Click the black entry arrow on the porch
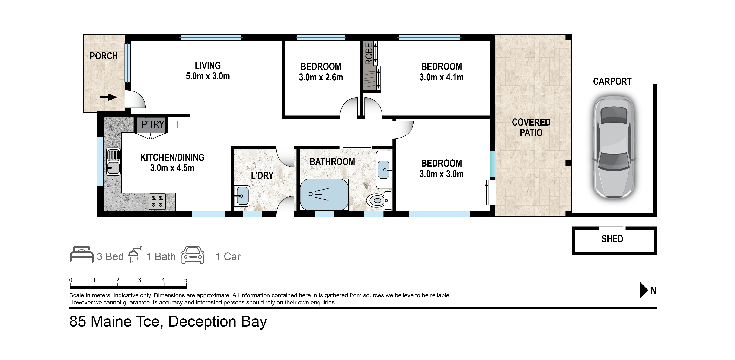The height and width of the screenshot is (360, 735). click(x=109, y=97)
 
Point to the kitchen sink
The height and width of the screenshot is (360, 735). click(x=113, y=161)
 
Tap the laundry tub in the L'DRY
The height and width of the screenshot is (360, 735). click(x=242, y=196)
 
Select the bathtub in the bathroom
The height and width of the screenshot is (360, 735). click(x=324, y=195)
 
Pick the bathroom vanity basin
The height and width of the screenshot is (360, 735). click(x=384, y=170)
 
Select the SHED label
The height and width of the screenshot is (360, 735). click(x=612, y=239)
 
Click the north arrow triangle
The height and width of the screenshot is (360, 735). click(x=644, y=290)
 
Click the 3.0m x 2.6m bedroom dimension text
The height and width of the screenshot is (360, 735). click(x=321, y=77)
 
